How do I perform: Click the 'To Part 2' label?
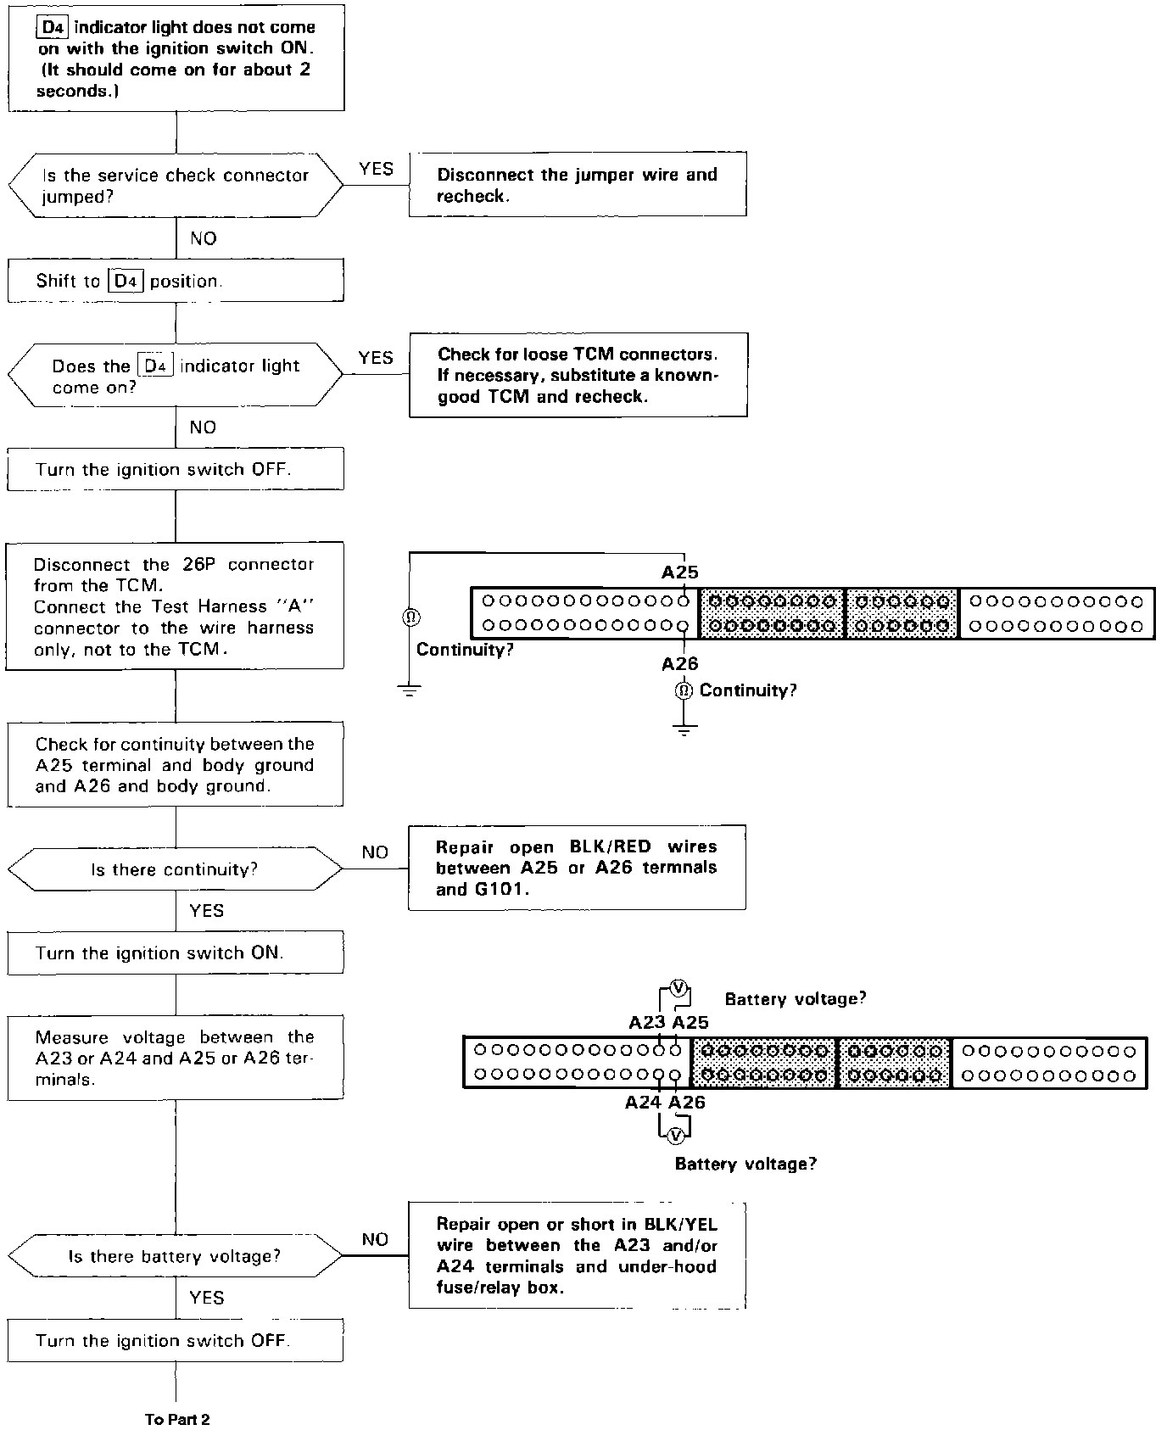pos(176,1419)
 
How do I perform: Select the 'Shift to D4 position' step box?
pos(176,281)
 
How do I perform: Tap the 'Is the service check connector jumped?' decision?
pos(176,186)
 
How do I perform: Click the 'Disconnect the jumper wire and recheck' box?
pos(578,184)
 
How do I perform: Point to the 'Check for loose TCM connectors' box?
pos(578,375)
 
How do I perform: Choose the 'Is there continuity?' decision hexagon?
pos(175,869)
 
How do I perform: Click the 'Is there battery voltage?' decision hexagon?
pos(175,1256)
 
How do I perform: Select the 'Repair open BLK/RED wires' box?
pos(577,867)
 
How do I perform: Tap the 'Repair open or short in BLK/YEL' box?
pos(577,1255)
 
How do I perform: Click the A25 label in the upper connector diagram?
pos(679,573)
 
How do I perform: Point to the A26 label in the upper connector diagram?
pos(679,663)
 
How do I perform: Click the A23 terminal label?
pos(646,1022)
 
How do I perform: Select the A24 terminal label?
pos(643,1103)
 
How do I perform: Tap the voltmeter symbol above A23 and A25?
pos(678,987)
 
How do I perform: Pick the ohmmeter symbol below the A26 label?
pos(684,690)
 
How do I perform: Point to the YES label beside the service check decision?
pos(376,169)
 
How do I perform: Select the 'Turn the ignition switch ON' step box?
pos(176,952)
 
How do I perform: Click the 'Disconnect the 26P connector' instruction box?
pos(175,606)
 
